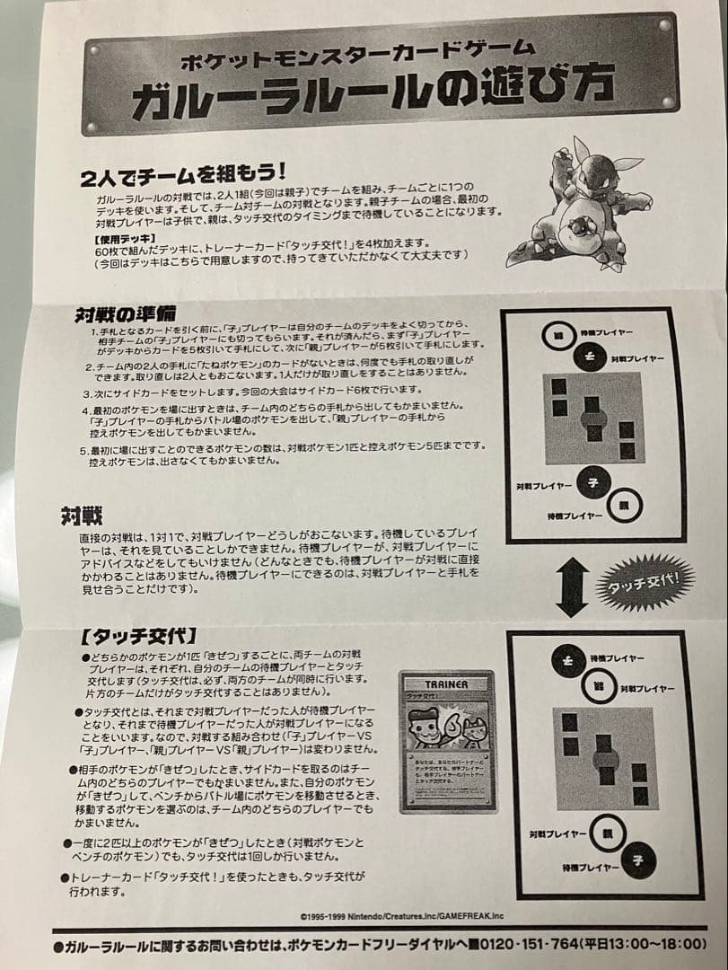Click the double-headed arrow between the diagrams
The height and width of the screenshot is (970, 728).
[x=571, y=585]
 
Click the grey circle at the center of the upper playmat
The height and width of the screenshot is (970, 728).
[x=592, y=419]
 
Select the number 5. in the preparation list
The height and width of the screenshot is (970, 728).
[x=83, y=447]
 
